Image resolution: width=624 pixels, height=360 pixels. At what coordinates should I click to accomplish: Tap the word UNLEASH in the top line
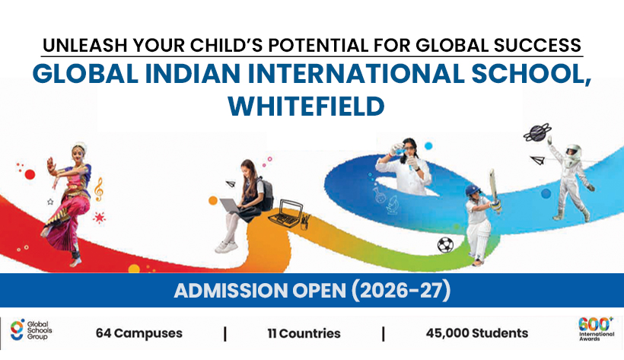[79, 44]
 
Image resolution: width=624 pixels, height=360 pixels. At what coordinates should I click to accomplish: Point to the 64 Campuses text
[139, 333]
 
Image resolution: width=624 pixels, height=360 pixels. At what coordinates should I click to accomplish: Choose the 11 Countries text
[304, 333]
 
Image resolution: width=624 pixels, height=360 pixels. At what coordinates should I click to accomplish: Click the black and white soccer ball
[445, 245]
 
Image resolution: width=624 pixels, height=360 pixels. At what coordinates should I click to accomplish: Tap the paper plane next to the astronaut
[538, 161]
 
